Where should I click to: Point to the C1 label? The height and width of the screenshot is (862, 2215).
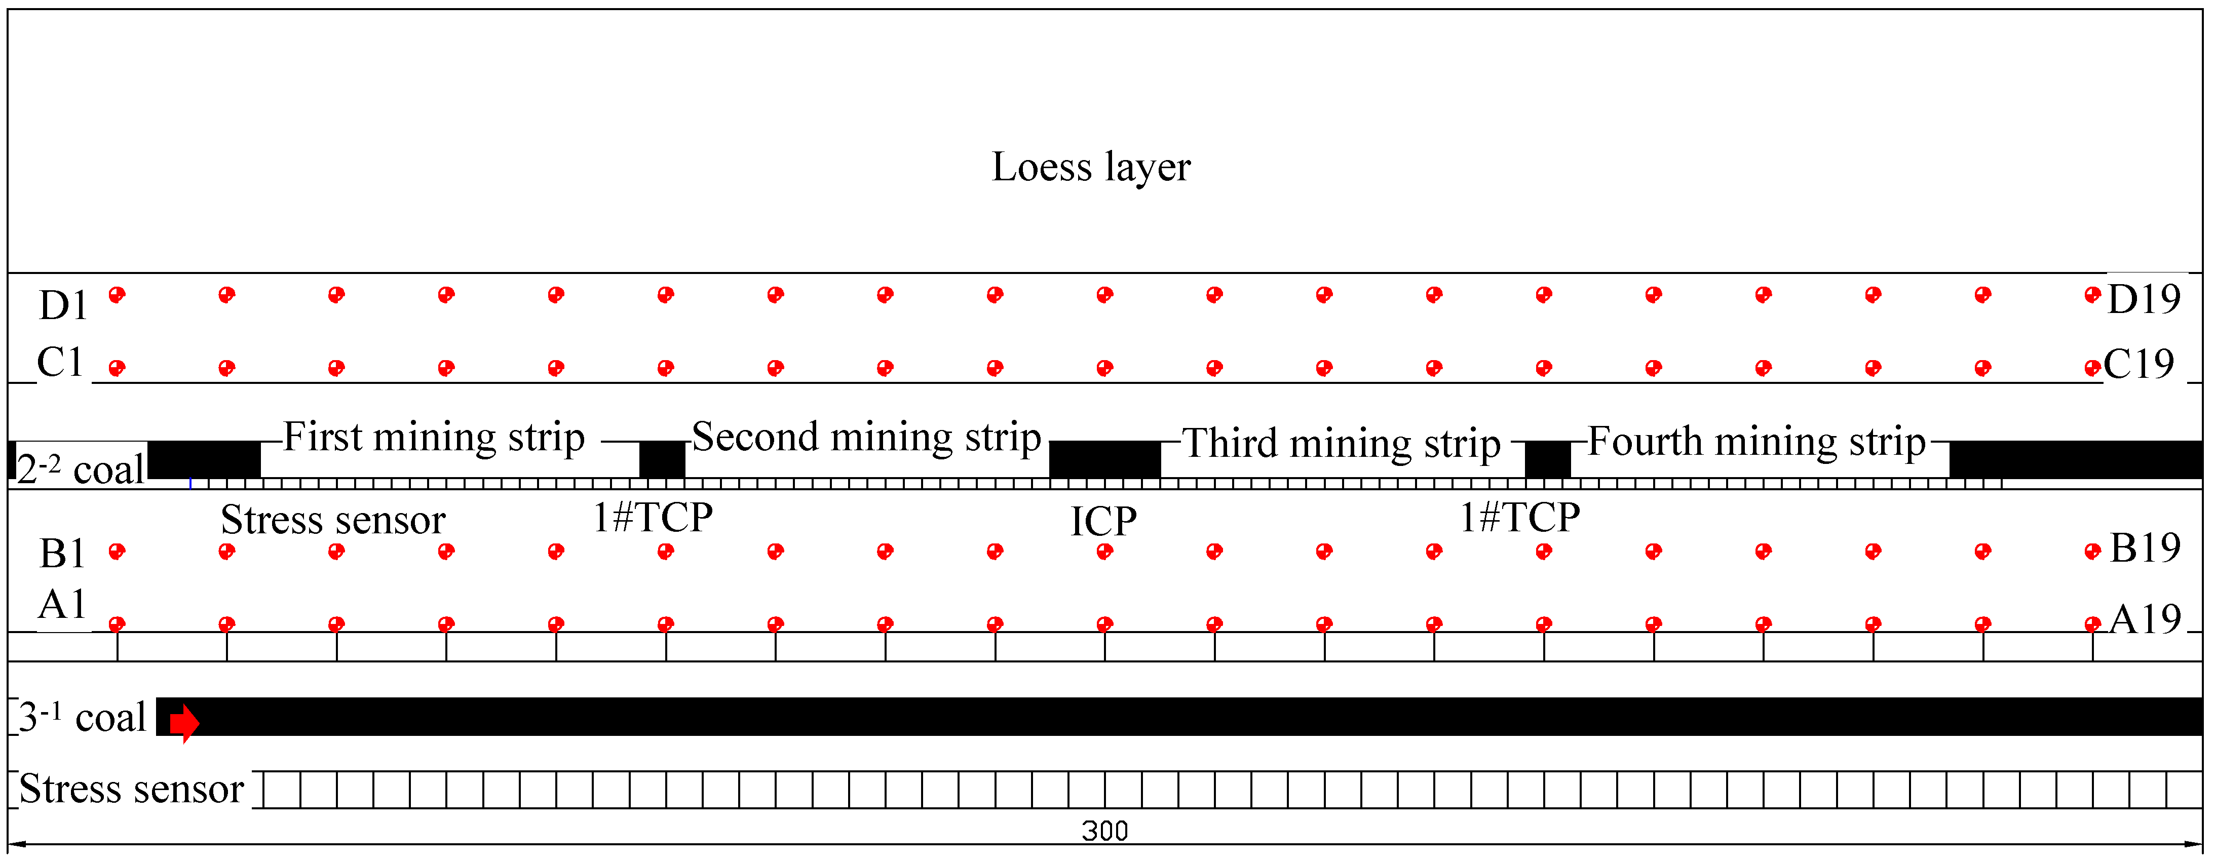pyautogui.click(x=60, y=363)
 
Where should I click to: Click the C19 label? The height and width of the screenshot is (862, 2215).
pyautogui.click(x=2138, y=364)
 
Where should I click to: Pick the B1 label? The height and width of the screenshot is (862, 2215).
pyautogui.click(x=63, y=554)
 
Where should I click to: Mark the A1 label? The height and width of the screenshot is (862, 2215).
pyautogui.click(x=63, y=605)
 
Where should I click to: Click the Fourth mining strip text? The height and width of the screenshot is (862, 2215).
pyautogui.click(x=1756, y=442)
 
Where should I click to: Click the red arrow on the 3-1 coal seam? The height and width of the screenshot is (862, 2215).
pyautogui.click(x=184, y=723)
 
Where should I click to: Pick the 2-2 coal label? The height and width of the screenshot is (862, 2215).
pyautogui.click(x=80, y=470)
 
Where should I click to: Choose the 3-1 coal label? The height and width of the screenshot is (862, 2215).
pyautogui.click(x=82, y=718)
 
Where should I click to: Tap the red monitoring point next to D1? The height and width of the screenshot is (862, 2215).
pyautogui.click(x=117, y=295)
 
